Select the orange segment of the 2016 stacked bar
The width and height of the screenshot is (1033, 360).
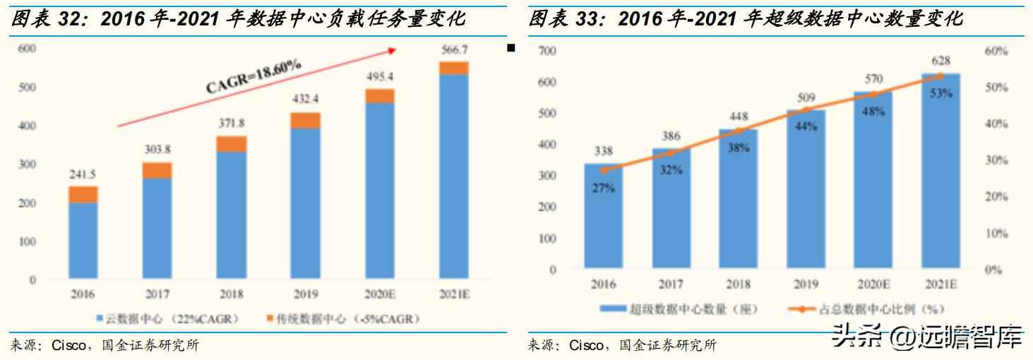pyautogui.click(x=83, y=195)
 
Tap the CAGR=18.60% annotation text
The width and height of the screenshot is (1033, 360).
pyautogui.click(x=254, y=76)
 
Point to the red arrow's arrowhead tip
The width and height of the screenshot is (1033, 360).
pyautogui.click(x=396, y=49)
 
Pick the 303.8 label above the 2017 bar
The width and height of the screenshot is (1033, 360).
pyautogui.click(x=157, y=150)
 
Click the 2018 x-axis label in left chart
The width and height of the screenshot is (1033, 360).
pyautogui.click(x=232, y=294)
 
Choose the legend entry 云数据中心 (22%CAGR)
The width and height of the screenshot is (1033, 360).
pyautogui.click(x=169, y=319)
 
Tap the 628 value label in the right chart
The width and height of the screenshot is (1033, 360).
pyautogui.click(x=941, y=61)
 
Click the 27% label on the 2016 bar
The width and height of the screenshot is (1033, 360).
pyautogui.click(x=603, y=188)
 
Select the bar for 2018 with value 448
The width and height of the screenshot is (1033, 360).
pyautogui.click(x=738, y=205)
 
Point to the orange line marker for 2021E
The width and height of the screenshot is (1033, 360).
pyautogui.click(x=941, y=75)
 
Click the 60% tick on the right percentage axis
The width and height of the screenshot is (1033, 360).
pyautogui.click(x=996, y=51)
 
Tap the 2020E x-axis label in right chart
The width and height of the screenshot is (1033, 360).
pyautogui.click(x=873, y=284)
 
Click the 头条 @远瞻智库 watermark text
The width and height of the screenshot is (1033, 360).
pyautogui.click(x=927, y=337)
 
